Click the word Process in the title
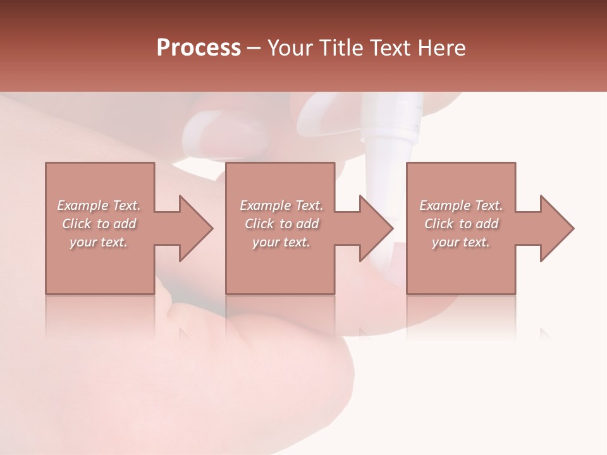pyautogui.click(x=199, y=48)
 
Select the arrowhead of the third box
pyautogui.click(x=553, y=228)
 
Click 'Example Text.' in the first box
pyautogui.click(x=99, y=205)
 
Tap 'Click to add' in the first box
pyautogui.click(x=99, y=224)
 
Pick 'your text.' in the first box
pyautogui.click(x=99, y=242)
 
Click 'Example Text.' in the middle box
pyautogui.click(x=281, y=205)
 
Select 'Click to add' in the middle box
pyautogui.click(x=281, y=224)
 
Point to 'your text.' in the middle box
pyautogui.click(x=281, y=242)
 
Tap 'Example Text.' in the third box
pyautogui.click(x=461, y=205)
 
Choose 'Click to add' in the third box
pyautogui.click(x=461, y=224)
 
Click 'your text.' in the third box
pyautogui.click(x=461, y=242)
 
